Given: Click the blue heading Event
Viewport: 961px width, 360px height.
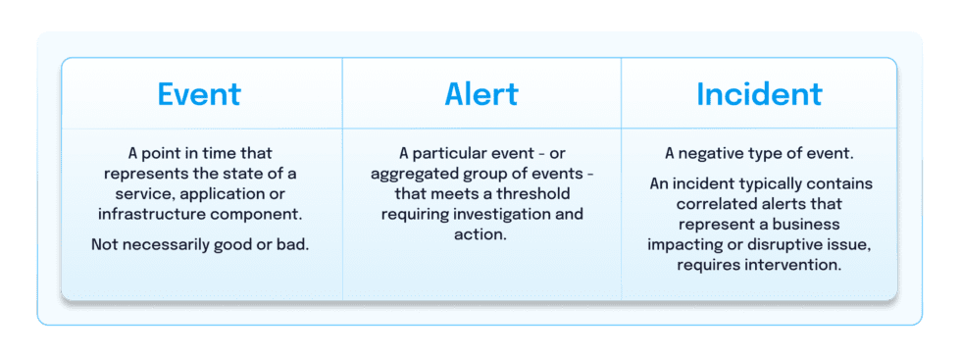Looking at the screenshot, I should (x=199, y=94).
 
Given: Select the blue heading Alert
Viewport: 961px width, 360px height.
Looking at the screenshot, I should (x=480, y=94).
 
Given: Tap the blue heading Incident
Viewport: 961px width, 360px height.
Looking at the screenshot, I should (x=759, y=94).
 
